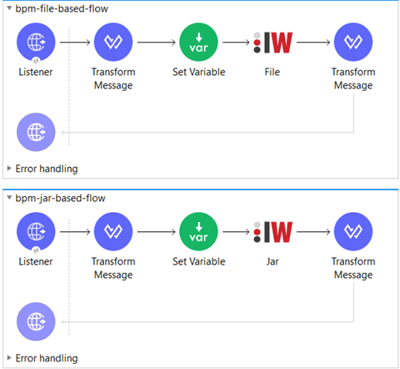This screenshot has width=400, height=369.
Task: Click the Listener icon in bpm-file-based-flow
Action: (x=36, y=42)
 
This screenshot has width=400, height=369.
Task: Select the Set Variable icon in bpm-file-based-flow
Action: (x=198, y=42)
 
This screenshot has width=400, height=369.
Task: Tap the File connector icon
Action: (x=272, y=43)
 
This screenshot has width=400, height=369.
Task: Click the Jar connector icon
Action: (x=272, y=232)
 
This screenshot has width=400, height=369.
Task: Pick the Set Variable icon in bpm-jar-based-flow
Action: (x=198, y=231)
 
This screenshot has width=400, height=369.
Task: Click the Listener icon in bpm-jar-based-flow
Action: (x=36, y=231)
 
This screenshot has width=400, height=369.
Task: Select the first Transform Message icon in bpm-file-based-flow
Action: (x=113, y=42)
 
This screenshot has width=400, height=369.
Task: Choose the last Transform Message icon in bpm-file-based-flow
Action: (x=353, y=42)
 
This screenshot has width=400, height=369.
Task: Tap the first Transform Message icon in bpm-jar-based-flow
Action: (x=113, y=231)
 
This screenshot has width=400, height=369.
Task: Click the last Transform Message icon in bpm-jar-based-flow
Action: (x=353, y=231)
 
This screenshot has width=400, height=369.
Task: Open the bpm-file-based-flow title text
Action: (x=62, y=8)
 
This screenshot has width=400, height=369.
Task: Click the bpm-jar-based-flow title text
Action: (x=60, y=198)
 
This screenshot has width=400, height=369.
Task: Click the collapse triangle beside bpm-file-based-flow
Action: (x=9, y=8)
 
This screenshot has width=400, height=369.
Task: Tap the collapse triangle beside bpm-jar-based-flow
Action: (x=9, y=198)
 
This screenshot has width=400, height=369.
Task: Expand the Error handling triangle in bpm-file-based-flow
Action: (x=9, y=168)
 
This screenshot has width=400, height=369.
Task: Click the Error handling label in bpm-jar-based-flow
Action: (x=47, y=358)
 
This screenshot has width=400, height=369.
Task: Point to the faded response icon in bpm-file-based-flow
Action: (x=36, y=132)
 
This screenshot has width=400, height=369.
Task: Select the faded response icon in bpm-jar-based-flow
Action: (x=36, y=321)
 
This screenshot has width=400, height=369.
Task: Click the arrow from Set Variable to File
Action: (x=236, y=43)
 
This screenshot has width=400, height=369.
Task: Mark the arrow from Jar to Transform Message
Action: (x=313, y=232)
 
